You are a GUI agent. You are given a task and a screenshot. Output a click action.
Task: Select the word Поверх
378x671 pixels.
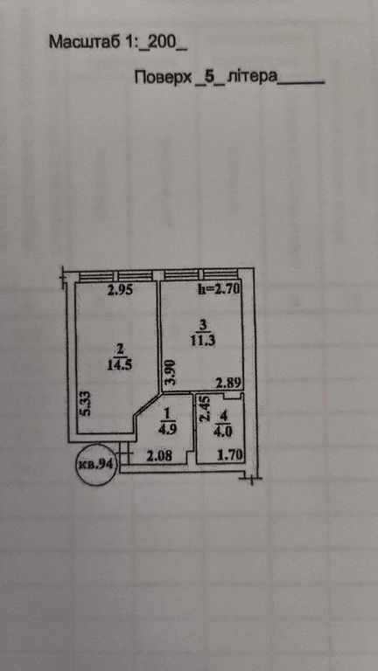click(x=163, y=78)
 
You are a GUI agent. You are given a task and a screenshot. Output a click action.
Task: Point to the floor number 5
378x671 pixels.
click(x=210, y=78)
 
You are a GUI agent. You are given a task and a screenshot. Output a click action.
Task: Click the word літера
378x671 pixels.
click(x=252, y=78)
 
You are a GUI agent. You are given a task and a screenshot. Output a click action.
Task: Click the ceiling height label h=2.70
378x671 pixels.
click(x=218, y=289)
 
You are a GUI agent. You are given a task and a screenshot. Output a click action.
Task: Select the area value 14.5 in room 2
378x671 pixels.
click(x=121, y=364)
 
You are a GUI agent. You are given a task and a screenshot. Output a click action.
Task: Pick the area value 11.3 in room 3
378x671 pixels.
click(x=204, y=341)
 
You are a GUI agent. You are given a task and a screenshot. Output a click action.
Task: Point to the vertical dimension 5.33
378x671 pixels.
click(x=86, y=403)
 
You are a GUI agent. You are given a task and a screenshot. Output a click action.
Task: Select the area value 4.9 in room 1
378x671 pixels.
click(x=168, y=429)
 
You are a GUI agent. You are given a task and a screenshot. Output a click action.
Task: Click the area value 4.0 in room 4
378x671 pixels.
click(x=222, y=431)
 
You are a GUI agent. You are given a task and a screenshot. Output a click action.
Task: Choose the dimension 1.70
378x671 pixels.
click(x=227, y=456)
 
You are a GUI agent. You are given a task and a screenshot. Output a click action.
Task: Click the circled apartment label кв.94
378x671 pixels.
click(x=96, y=464)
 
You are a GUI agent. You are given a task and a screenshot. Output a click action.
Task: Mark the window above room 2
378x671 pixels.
click(x=115, y=275)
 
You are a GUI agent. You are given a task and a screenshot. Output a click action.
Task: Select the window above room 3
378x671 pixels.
click(x=200, y=275)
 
